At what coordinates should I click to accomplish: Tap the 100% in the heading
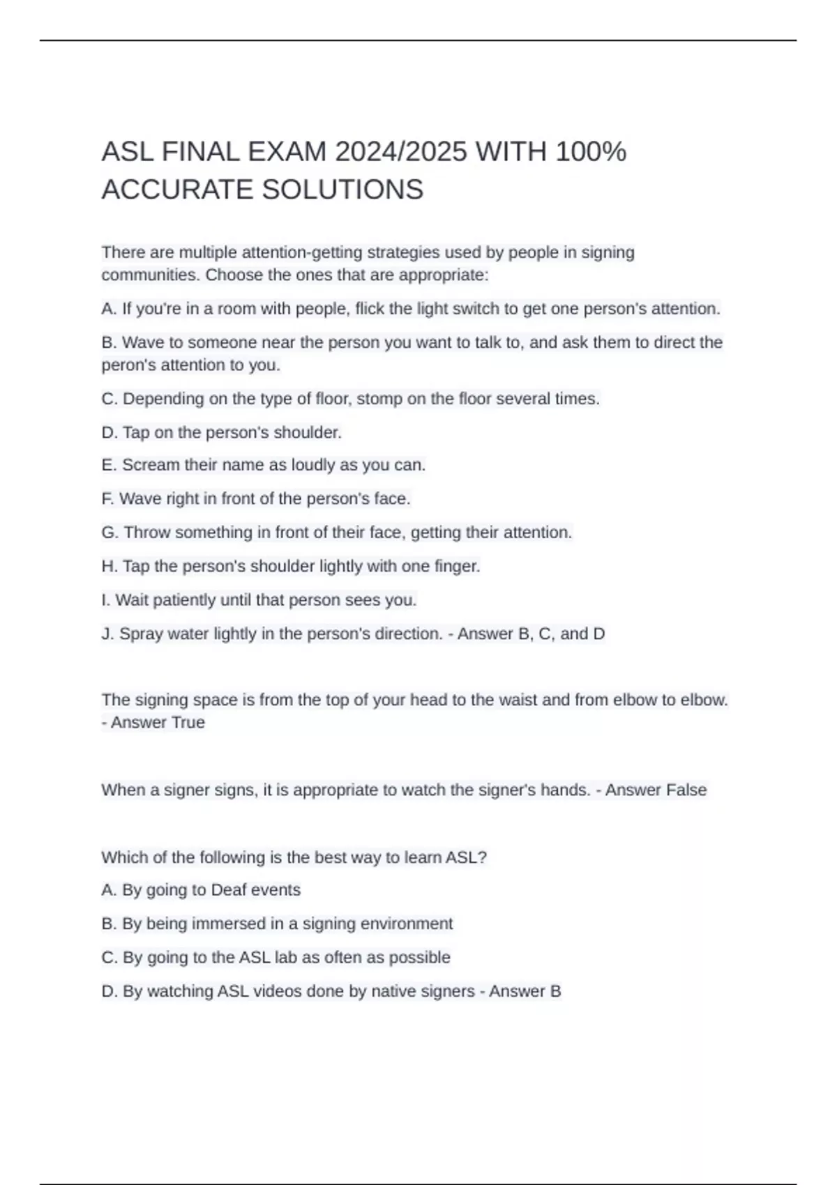click(591, 151)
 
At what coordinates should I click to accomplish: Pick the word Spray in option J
click(142, 634)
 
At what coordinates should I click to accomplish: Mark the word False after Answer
click(686, 790)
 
